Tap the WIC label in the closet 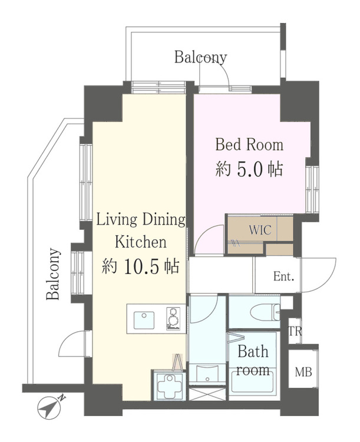[x=260, y=230]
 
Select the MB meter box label [x=303, y=372]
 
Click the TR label [x=295, y=331]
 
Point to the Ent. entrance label [x=283, y=276]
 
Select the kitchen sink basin [x=144, y=320]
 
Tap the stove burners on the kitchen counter [x=173, y=319]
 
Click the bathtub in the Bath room [x=252, y=382]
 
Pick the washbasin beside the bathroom [x=207, y=374]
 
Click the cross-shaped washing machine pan [x=169, y=385]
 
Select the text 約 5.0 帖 [x=249, y=169]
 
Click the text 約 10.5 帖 [x=140, y=266]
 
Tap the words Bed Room [x=249, y=144]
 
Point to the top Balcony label [x=200, y=57]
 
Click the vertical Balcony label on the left [x=53, y=273]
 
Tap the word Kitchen [x=140, y=242]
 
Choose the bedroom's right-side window [x=312, y=189]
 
